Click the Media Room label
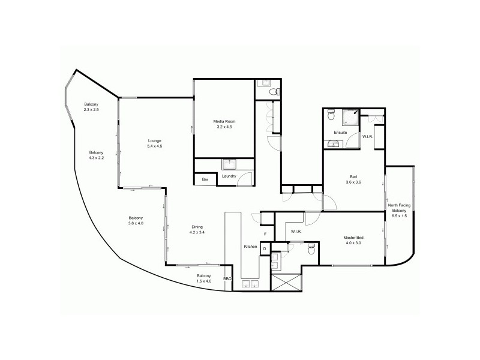pyautogui.click(x=223, y=122)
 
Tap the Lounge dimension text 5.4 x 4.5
pyautogui.click(x=155, y=146)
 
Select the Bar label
pyautogui.click(x=205, y=179)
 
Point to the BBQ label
pyautogui.click(x=227, y=279)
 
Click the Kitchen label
pyautogui.click(x=250, y=247)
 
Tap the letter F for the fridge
pyautogui.click(x=265, y=234)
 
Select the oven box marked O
pyautogui.click(x=265, y=248)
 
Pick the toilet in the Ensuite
pyautogui.click(x=331, y=116)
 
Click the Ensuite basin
pyautogui.click(x=332, y=143)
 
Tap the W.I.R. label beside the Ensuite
pyautogui.click(x=367, y=137)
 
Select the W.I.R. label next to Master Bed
pyautogui.click(x=295, y=231)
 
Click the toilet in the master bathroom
pyautogui.click(x=311, y=250)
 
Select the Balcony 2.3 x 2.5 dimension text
pyautogui.click(x=91, y=110)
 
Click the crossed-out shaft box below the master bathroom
pyautogui.click(x=286, y=281)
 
